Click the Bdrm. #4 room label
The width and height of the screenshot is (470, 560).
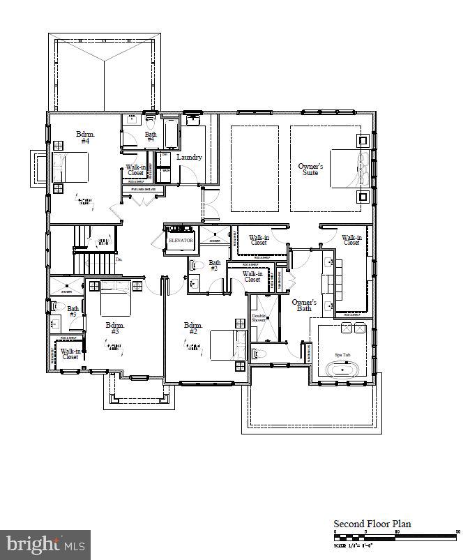pos(84,137)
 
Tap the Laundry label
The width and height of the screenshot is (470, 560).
pos(189,158)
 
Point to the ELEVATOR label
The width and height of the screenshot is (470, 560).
pos(180,241)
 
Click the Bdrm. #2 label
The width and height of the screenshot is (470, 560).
pos(193,328)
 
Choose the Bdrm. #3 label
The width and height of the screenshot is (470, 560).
pos(115,328)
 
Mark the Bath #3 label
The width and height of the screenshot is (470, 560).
pos(73,311)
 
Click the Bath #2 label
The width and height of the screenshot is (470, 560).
pos(214,266)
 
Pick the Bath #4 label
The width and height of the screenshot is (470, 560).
pos(151,137)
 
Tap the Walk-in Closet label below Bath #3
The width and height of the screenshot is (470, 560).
pos(70,354)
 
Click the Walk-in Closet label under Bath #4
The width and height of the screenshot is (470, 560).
pos(135,171)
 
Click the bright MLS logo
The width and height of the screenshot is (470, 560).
pos(45,543)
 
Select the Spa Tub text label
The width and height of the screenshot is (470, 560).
pos(342,355)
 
